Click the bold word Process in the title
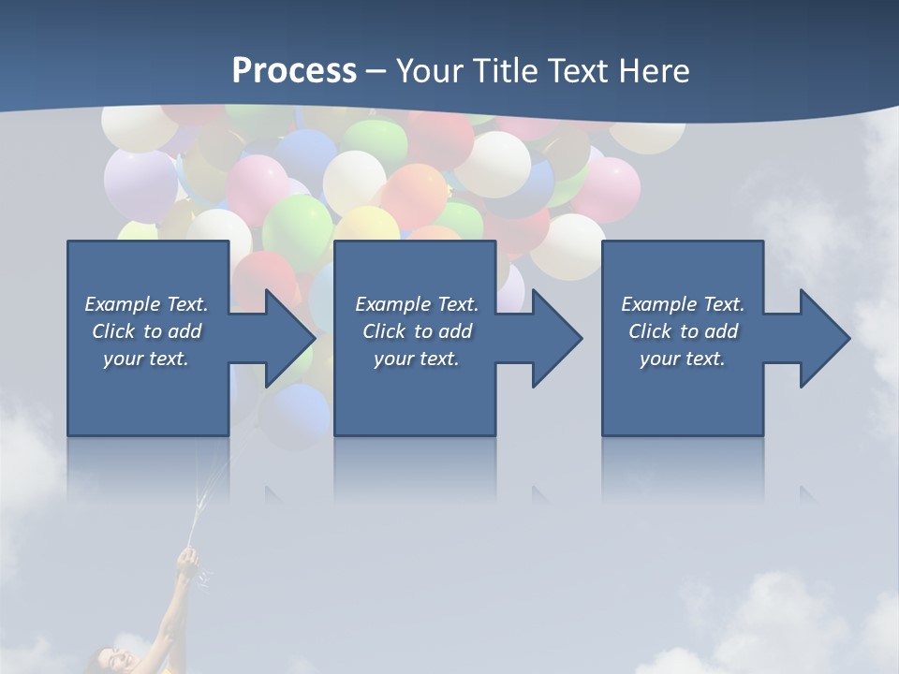point(294,71)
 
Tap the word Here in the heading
point(655,71)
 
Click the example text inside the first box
point(147,331)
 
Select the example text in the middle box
point(417,331)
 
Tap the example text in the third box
point(683,331)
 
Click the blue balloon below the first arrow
point(297,412)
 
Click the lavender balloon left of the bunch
point(139,183)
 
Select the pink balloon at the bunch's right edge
point(608,187)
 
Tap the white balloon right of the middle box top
point(567,245)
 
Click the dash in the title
point(376,72)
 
